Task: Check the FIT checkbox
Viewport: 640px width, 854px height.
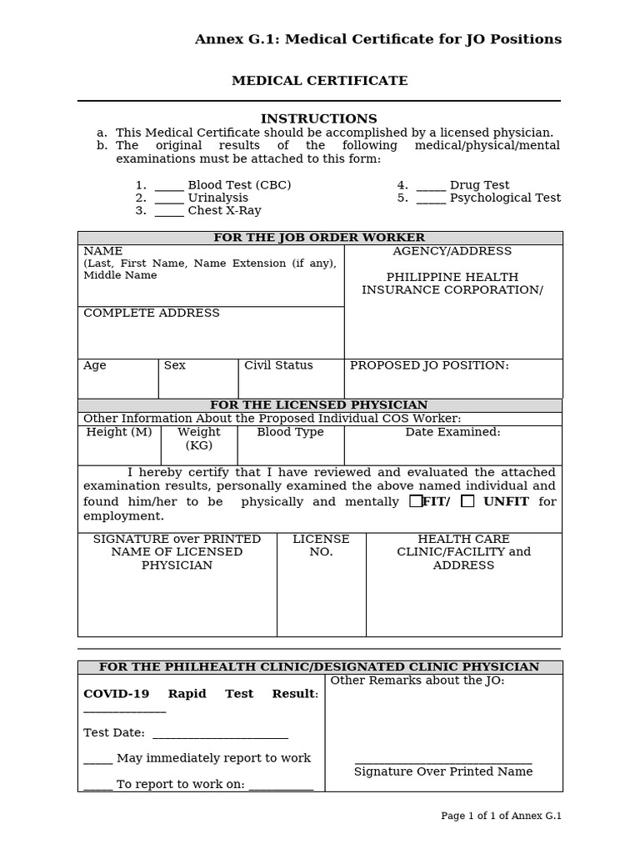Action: (x=416, y=501)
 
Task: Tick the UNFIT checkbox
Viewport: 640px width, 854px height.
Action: (x=467, y=501)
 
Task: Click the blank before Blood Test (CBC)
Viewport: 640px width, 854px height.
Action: (x=169, y=186)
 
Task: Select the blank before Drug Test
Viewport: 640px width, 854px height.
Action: (x=431, y=186)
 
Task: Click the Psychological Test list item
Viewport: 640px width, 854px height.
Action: (x=505, y=198)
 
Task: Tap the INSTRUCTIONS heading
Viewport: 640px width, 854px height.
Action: (x=319, y=119)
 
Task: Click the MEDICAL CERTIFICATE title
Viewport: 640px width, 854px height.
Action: (x=319, y=81)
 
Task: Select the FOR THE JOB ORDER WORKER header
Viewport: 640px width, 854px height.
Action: (x=319, y=238)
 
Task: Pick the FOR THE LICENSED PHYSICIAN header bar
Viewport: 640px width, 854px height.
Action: (x=319, y=405)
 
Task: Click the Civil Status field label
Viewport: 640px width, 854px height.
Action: (x=278, y=365)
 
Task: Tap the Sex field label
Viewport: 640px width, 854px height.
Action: (x=175, y=365)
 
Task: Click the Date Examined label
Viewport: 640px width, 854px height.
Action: (x=452, y=432)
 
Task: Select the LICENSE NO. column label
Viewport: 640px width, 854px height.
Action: (x=321, y=545)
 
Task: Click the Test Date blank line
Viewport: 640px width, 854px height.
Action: (x=220, y=735)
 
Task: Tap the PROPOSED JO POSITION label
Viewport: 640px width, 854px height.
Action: (x=429, y=365)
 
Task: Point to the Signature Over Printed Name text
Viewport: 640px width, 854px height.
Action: (x=443, y=771)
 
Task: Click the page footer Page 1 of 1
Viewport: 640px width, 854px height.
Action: (x=501, y=816)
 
